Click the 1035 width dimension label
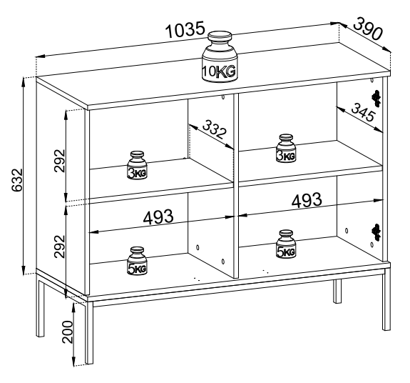(x=185, y=30)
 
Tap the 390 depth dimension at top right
(x=368, y=29)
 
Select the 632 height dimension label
(x=18, y=180)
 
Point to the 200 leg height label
(x=68, y=332)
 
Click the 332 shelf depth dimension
(x=214, y=129)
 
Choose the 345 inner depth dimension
(x=363, y=112)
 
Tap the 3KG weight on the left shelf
(x=138, y=165)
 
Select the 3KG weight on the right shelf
(x=286, y=149)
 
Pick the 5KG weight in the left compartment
(x=138, y=262)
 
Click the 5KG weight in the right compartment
(x=286, y=244)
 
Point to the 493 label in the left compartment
(x=158, y=217)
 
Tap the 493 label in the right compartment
(x=307, y=201)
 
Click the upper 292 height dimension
(x=60, y=160)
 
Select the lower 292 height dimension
(x=60, y=247)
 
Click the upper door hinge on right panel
(x=376, y=99)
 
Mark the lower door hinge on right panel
(x=376, y=232)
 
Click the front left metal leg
(x=89, y=332)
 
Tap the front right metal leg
(x=386, y=299)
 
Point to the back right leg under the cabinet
(x=337, y=292)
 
